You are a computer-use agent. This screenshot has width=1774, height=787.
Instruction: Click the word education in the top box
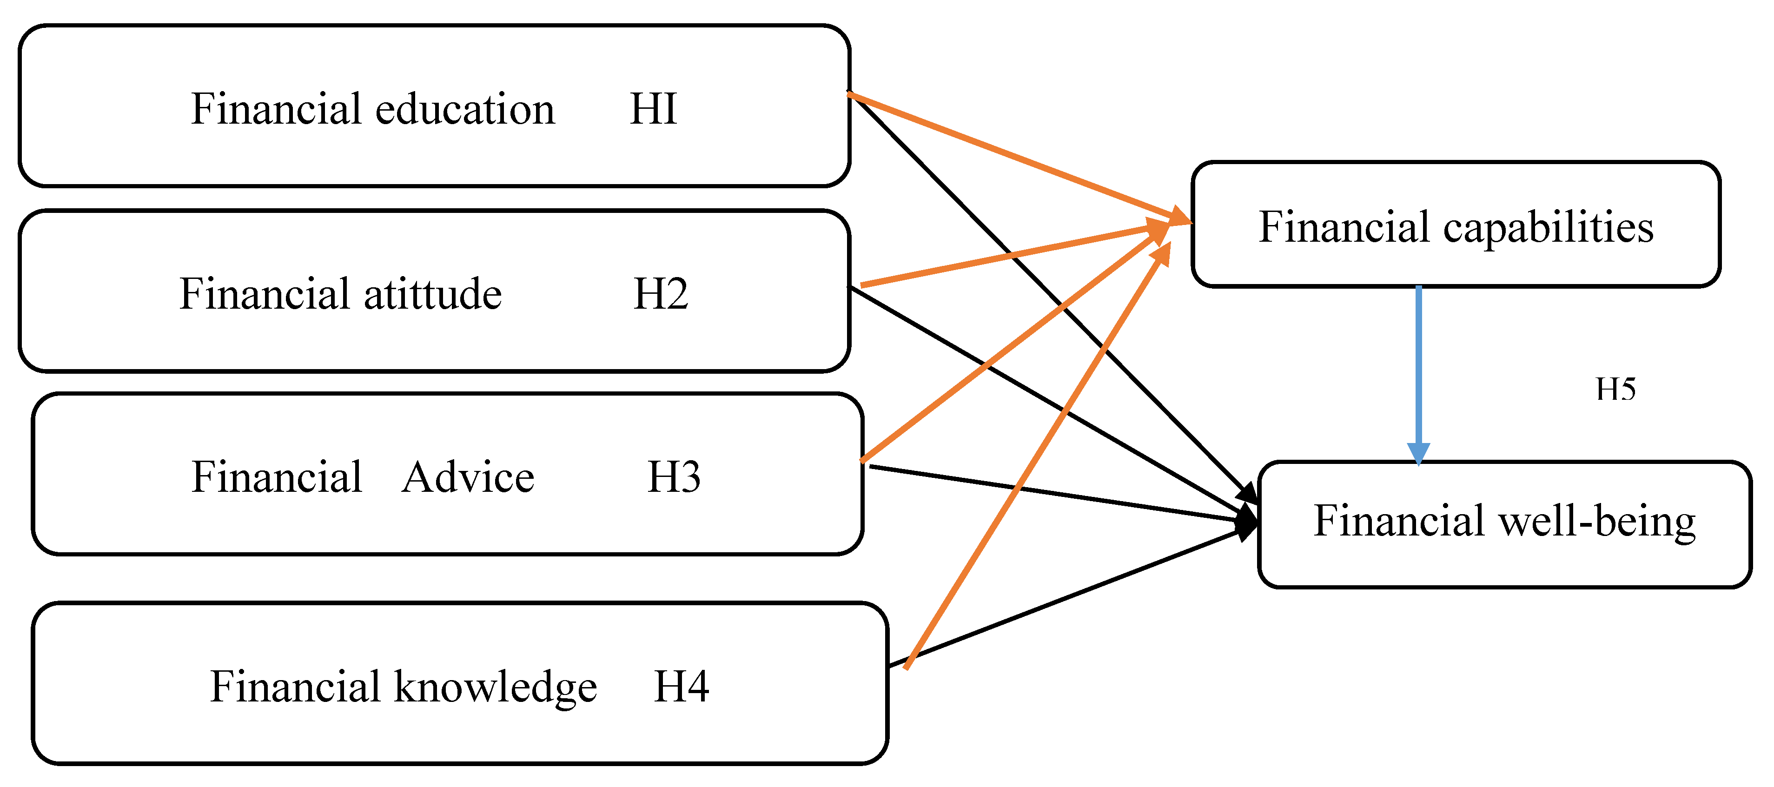465,110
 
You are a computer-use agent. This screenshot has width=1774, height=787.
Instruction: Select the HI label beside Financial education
653,110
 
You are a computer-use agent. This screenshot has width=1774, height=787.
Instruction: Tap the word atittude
432,295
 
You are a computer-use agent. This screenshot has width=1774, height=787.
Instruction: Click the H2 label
660,295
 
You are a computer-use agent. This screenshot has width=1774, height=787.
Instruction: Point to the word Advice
468,477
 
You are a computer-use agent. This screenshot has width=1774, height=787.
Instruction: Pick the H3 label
674,477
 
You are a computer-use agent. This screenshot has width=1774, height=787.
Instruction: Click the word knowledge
495,687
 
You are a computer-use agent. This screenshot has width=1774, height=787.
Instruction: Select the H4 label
681,687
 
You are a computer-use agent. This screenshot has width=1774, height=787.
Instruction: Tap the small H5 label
1615,390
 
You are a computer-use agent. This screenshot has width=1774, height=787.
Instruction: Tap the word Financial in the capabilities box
1344,227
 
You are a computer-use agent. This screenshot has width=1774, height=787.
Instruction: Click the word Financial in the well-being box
1398,521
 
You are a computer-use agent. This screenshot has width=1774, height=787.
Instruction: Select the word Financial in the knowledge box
296,687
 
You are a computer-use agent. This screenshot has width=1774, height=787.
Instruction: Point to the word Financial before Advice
276,477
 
